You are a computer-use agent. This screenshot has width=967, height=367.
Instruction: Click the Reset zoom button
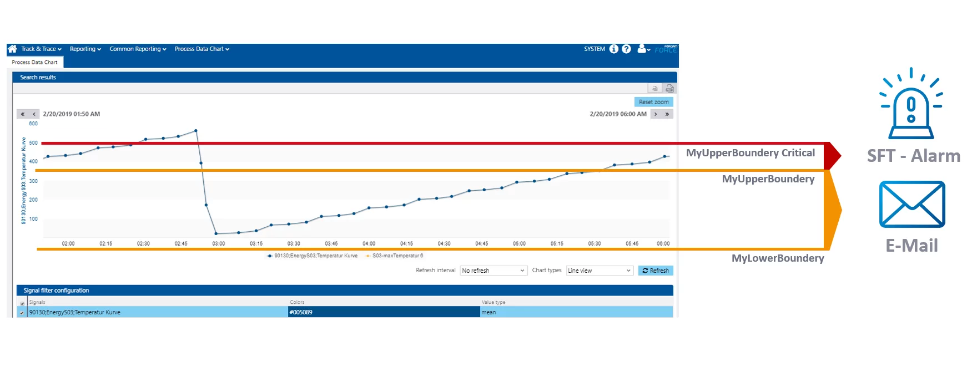click(x=653, y=102)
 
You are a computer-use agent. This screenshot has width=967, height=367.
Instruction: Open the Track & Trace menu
click(x=41, y=49)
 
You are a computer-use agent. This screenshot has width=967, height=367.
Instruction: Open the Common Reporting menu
click(x=138, y=49)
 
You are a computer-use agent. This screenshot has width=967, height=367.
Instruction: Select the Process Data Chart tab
click(x=34, y=63)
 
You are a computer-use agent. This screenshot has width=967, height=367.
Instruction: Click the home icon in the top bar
click(x=12, y=49)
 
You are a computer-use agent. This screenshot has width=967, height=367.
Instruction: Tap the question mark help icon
click(x=626, y=49)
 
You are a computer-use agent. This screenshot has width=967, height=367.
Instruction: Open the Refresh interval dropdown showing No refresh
click(x=493, y=271)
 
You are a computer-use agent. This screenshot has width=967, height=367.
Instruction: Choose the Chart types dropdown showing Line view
click(x=599, y=271)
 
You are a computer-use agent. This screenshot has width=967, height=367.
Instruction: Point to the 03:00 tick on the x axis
click(x=218, y=243)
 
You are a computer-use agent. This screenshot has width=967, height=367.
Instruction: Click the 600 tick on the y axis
click(x=33, y=124)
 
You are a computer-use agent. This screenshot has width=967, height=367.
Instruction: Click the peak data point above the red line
click(x=195, y=131)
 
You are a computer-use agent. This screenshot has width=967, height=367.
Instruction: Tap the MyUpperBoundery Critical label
click(x=750, y=153)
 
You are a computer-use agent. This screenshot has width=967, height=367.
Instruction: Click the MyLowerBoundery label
click(x=777, y=258)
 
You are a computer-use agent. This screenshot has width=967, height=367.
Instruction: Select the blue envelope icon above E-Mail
click(x=912, y=204)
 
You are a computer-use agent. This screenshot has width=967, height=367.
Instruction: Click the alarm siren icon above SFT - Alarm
click(x=911, y=105)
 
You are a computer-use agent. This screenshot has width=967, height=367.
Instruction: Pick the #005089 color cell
click(x=384, y=312)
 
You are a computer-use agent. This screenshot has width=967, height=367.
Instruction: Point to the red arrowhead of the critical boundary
click(x=833, y=156)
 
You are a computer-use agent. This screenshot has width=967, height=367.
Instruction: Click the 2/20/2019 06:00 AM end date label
click(x=618, y=114)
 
